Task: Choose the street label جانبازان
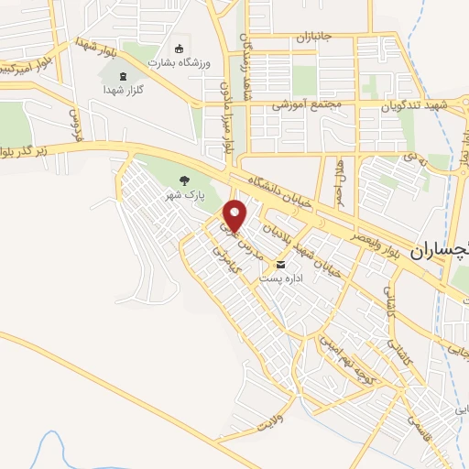click(x=317, y=38)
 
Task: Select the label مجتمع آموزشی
click(x=307, y=105)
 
